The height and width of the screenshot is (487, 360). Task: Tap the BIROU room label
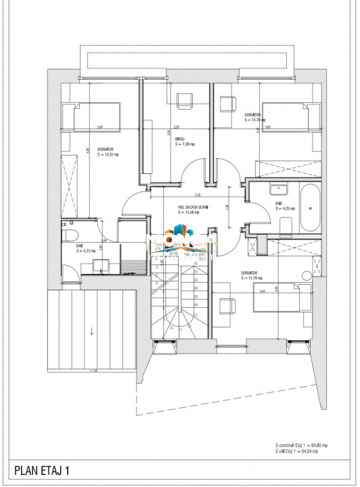tap(179, 138)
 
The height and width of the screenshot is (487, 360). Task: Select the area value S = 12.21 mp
tap(108, 155)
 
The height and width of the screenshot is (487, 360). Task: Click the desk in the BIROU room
tap(184, 101)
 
